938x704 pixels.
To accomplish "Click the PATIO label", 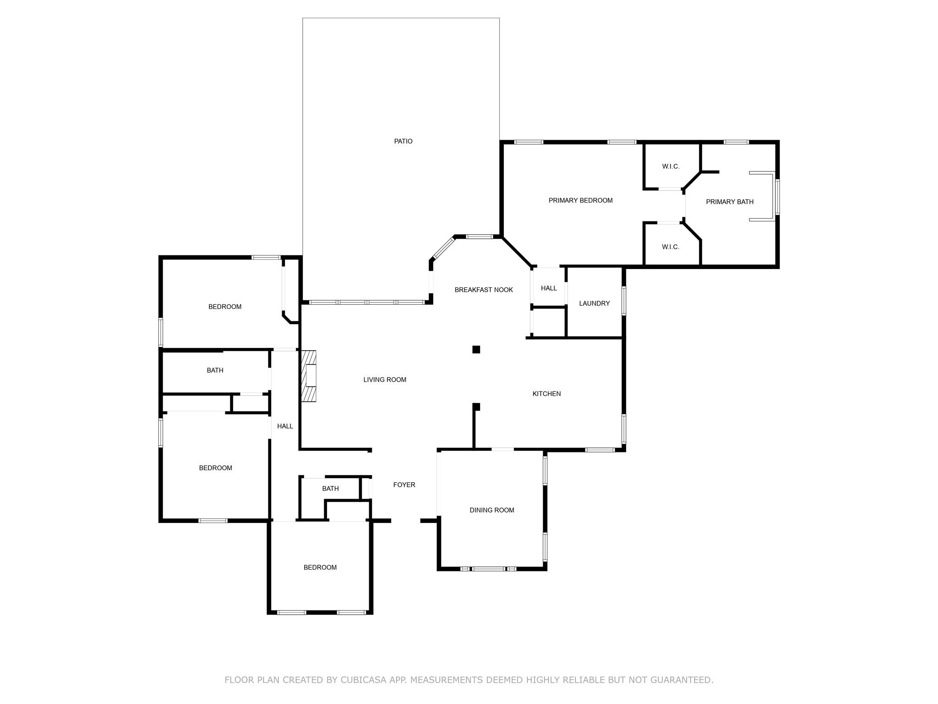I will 403,141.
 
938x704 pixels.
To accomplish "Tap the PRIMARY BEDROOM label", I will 580,200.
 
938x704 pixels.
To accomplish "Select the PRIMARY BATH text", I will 729,202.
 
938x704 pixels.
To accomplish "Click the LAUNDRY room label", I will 594,303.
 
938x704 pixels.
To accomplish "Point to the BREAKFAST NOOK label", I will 484,290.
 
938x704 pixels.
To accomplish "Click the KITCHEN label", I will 546,394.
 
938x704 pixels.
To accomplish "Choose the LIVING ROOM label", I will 385,379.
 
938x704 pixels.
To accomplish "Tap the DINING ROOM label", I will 491,510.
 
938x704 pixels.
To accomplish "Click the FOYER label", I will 404,484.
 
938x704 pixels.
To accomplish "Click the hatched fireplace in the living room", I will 309,376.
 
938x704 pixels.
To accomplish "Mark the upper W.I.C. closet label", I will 671,166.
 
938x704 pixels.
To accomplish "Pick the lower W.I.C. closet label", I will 671,247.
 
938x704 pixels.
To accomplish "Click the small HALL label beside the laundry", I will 549,288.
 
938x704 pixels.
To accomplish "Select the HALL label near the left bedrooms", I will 285,426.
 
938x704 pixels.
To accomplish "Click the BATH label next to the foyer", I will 330,489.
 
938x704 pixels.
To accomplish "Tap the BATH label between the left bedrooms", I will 215,370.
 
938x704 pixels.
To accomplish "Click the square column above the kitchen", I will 476,350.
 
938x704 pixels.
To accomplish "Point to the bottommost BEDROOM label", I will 320,567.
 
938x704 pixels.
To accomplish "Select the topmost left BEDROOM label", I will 224,307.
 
